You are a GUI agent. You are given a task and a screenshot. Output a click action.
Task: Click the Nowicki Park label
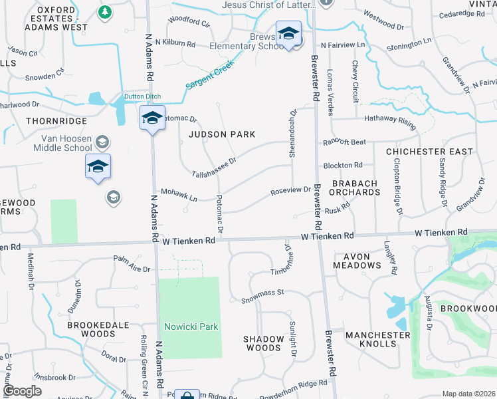pyautogui.click(x=191, y=327)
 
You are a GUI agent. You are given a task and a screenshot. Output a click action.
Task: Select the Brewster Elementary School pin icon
pyautogui.click(x=289, y=35)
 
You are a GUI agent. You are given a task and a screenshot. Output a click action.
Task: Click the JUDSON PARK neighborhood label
pyautogui.click(x=222, y=134)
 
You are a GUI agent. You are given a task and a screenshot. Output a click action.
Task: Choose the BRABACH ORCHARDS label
pyautogui.click(x=355, y=188)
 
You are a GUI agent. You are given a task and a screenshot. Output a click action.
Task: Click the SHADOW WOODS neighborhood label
pyautogui.click(x=263, y=343)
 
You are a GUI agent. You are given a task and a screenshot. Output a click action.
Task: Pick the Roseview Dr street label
pyautogui.click(x=290, y=191)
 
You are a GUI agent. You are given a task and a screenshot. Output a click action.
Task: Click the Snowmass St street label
pyautogui.click(x=262, y=292)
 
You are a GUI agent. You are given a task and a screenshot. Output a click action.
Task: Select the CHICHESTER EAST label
pyautogui.click(x=429, y=152)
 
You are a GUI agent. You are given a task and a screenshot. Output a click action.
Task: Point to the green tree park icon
pyautogui.click(x=105, y=12)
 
